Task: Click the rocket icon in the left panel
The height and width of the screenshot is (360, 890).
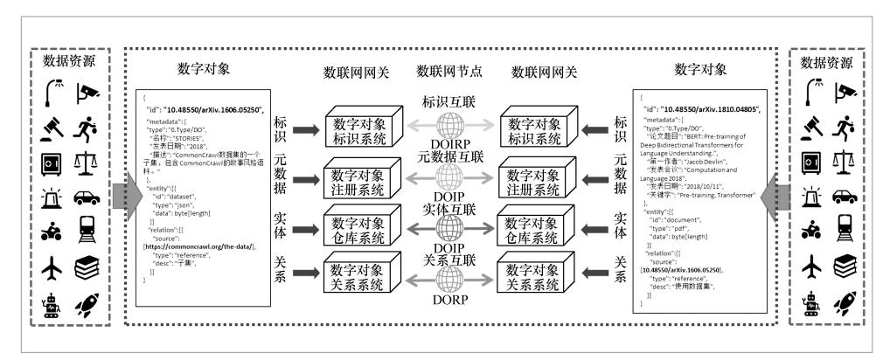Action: pos(86,305)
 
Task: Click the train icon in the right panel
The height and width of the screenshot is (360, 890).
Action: pos(845,228)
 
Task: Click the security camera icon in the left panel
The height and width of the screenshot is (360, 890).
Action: pos(86,91)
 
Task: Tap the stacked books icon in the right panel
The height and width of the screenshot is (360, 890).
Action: pos(845,264)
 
